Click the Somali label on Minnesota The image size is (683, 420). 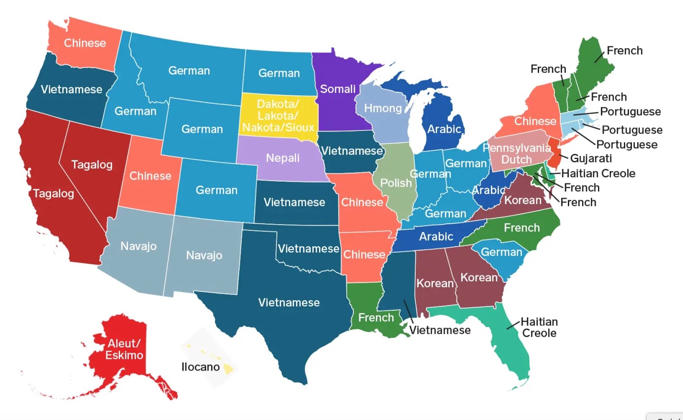click(338, 89)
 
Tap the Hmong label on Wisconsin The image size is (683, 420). click(383, 108)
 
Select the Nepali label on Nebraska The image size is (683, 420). click(283, 158)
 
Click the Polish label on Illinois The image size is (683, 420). click(396, 183)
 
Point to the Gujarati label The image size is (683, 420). click(591, 158)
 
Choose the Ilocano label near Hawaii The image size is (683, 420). click(200, 367)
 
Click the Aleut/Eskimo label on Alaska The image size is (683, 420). click(124, 349)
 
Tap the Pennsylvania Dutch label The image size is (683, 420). click(517, 154)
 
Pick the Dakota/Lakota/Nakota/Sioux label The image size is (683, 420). click(278, 116)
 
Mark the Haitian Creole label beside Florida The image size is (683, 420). click(539, 327)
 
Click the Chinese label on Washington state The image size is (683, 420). click(85, 43)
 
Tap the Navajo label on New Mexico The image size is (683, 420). click(204, 255)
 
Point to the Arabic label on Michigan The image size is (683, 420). click(444, 129)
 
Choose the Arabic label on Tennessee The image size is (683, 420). click(436, 236)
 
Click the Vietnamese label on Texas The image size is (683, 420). click(289, 303)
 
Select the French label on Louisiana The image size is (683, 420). click(376, 318)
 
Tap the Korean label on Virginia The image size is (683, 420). click(522, 200)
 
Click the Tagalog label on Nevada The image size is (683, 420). click(92, 165)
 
